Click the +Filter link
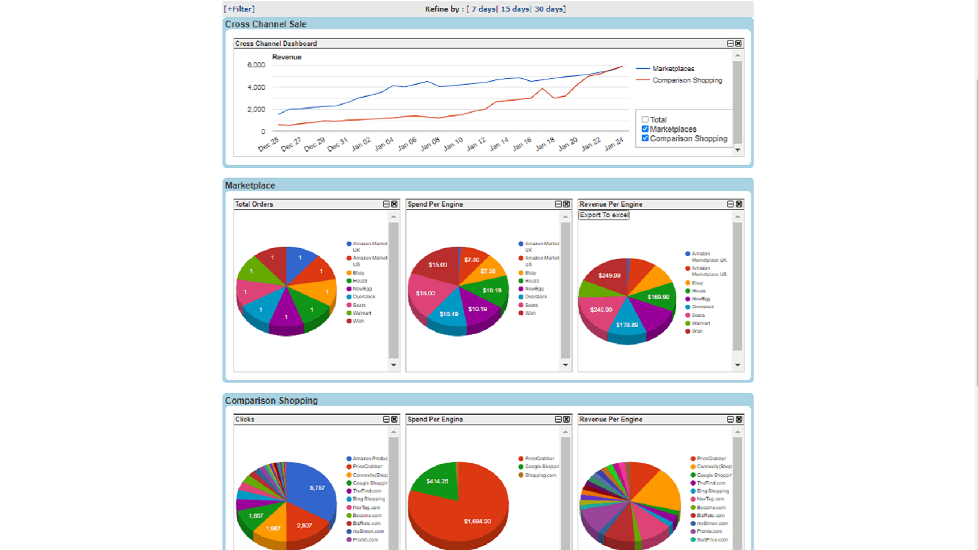click(x=240, y=9)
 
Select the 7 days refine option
click(x=483, y=9)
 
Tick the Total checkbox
click(x=645, y=120)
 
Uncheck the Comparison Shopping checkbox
click(x=645, y=139)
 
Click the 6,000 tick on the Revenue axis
click(x=256, y=65)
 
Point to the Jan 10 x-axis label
click(x=454, y=144)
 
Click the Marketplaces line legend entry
click(x=672, y=68)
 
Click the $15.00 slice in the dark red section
click(x=438, y=265)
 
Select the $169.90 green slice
click(x=658, y=297)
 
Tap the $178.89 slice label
click(x=627, y=324)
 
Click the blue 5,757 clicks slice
click(x=317, y=488)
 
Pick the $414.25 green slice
click(x=437, y=481)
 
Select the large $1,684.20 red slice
click(x=477, y=521)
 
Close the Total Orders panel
click(x=394, y=204)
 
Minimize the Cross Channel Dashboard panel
click(x=730, y=43)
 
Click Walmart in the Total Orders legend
click(x=362, y=313)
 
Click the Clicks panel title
click(x=244, y=419)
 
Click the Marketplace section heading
click(x=250, y=185)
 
